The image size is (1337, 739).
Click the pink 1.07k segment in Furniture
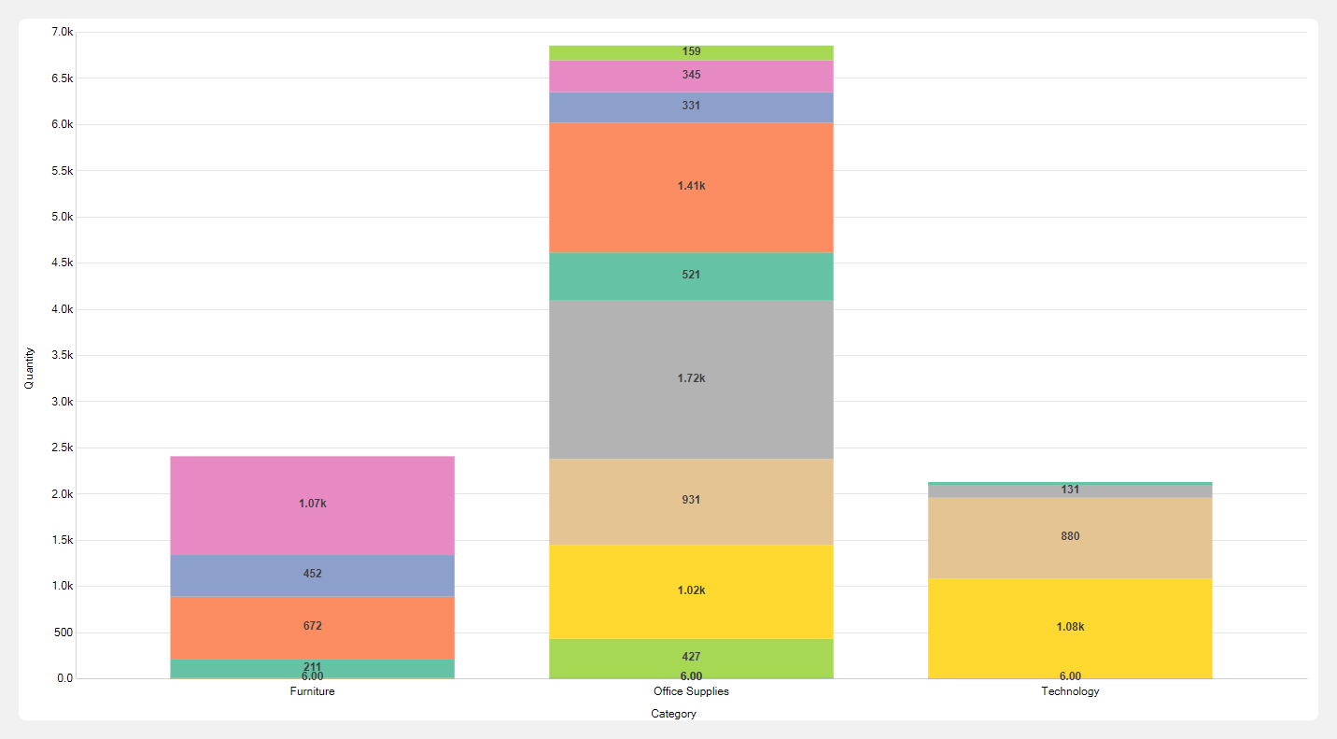pyautogui.click(x=312, y=505)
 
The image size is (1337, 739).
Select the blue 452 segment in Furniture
pyautogui.click(x=312, y=575)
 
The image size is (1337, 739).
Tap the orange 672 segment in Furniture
pyautogui.click(x=312, y=627)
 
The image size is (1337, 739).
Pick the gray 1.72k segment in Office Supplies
pyautogui.click(x=691, y=378)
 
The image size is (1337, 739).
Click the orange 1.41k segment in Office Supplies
pyautogui.click(x=691, y=187)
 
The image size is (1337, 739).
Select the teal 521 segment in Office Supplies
pyautogui.click(x=691, y=276)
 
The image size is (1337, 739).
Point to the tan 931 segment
pyautogui.click(x=691, y=501)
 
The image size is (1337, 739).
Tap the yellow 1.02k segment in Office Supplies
pyautogui.click(x=691, y=590)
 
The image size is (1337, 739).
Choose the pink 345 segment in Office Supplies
pyautogui.click(x=691, y=76)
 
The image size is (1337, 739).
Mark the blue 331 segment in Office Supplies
pyautogui.click(x=691, y=107)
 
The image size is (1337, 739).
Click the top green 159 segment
pyautogui.click(x=691, y=52)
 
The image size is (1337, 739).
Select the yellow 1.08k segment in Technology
pyautogui.click(x=1070, y=627)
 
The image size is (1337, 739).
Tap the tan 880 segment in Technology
pyautogui.click(x=1070, y=537)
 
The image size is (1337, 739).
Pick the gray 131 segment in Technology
pyautogui.click(x=1070, y=490)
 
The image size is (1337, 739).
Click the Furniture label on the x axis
pyautogui.click(x=312, y=692)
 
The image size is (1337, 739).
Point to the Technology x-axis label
pyautogui.click(x=1070, y=692)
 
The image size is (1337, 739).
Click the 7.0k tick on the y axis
pyautogui.click(x=61, y=33)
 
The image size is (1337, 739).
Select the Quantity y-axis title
pyautogui.click(x=29, y=367)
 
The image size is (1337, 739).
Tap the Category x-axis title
pyautogui.click(x=673, y=714)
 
